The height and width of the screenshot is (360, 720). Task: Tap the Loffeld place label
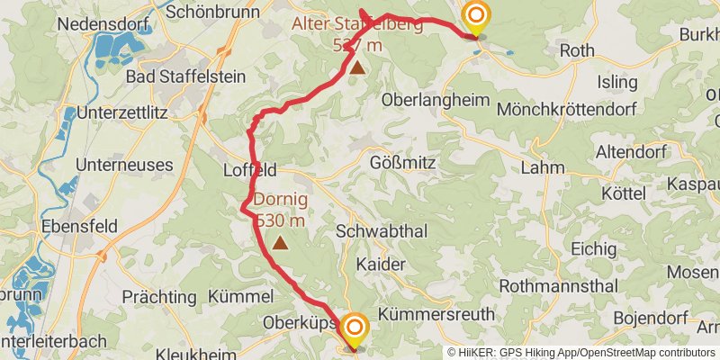point(249,171)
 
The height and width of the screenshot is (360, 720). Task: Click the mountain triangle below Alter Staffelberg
point(357,67)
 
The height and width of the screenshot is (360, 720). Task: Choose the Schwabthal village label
point(377,230)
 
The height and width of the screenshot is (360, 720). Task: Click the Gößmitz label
point(403,164)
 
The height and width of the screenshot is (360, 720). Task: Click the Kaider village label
point(381,265)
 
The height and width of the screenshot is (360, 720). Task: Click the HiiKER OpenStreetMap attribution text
point(581,353)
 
